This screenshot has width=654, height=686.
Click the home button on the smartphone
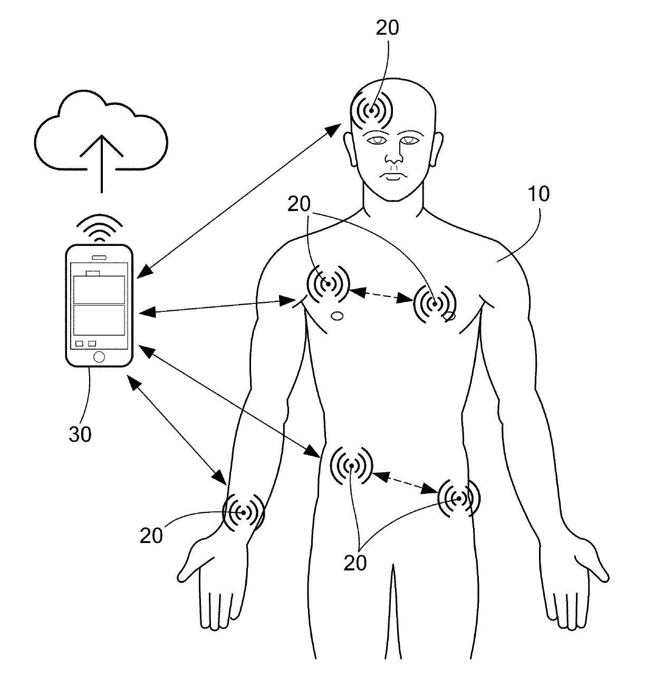(99, 356)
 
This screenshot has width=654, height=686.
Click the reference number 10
(538, 194)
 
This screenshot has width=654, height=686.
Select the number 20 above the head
(388, 27)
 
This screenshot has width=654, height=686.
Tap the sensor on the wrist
(244, 512)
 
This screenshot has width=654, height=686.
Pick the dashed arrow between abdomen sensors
(406, 483)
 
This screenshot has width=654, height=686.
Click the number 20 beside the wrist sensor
(151, 536)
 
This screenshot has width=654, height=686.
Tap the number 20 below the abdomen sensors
(355, 564)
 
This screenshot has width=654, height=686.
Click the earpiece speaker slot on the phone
(99, 258)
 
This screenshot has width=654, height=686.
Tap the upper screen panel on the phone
(99, 289)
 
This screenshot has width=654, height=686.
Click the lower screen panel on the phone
(99, 320)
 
